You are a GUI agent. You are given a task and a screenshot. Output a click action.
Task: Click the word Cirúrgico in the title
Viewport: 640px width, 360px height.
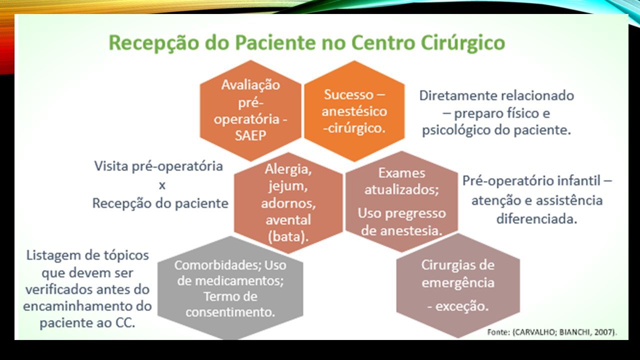coord(462,43)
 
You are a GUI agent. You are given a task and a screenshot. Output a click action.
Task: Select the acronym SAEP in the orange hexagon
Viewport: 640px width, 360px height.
coord(250,135)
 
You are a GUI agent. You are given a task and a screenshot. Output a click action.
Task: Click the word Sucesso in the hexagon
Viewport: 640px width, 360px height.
coord(348,94)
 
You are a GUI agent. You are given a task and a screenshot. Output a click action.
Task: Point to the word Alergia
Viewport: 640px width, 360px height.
coord(288,169)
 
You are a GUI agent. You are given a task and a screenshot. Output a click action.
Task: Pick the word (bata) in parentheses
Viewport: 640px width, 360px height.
coord(288,236)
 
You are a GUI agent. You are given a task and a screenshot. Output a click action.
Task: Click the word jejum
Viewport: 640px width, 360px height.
coord(288,186)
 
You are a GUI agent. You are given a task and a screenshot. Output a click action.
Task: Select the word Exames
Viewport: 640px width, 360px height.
coord(401,173)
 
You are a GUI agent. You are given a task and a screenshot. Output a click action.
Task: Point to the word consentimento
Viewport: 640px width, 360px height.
coord(230,312)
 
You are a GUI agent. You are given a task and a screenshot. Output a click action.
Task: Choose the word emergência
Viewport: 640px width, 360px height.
coord(458,283)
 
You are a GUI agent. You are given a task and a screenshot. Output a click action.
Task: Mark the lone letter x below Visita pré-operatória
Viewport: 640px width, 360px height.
coord(162,185)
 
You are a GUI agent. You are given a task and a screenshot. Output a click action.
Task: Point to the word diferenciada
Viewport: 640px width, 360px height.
coord(536,219)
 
